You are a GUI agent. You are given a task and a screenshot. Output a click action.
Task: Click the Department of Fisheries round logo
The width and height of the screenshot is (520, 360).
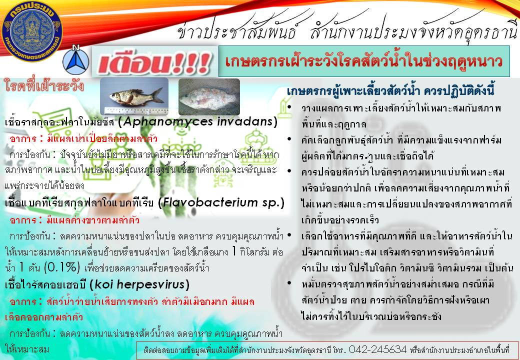[32, 31]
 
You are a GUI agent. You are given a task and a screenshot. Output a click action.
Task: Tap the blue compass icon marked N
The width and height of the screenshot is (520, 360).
[76, 60]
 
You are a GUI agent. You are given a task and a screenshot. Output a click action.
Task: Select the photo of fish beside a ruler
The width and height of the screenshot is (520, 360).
[134, 96]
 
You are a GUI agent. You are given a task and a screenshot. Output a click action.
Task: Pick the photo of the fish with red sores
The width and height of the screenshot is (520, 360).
[209, 97]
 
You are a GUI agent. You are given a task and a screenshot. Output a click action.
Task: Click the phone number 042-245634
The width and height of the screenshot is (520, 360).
[377, 349]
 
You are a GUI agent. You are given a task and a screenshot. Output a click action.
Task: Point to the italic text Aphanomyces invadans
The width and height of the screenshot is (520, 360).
[197, 122]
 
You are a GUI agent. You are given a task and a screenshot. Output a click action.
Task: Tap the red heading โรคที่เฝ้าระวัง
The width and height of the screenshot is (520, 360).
[44, 86]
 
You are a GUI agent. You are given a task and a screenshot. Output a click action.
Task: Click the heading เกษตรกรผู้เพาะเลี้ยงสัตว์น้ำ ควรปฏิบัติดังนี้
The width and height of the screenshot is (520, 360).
[390, 91]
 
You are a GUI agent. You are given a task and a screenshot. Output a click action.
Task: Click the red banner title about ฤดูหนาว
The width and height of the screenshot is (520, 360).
[364, 61]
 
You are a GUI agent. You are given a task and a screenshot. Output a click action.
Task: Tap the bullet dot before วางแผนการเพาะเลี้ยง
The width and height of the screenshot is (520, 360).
[289, 107]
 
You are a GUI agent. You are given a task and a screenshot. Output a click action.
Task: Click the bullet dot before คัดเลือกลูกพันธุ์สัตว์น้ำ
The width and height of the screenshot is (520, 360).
[289, 139]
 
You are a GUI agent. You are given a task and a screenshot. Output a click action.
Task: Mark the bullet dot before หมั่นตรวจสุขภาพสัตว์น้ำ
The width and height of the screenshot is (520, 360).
[289, 283]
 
